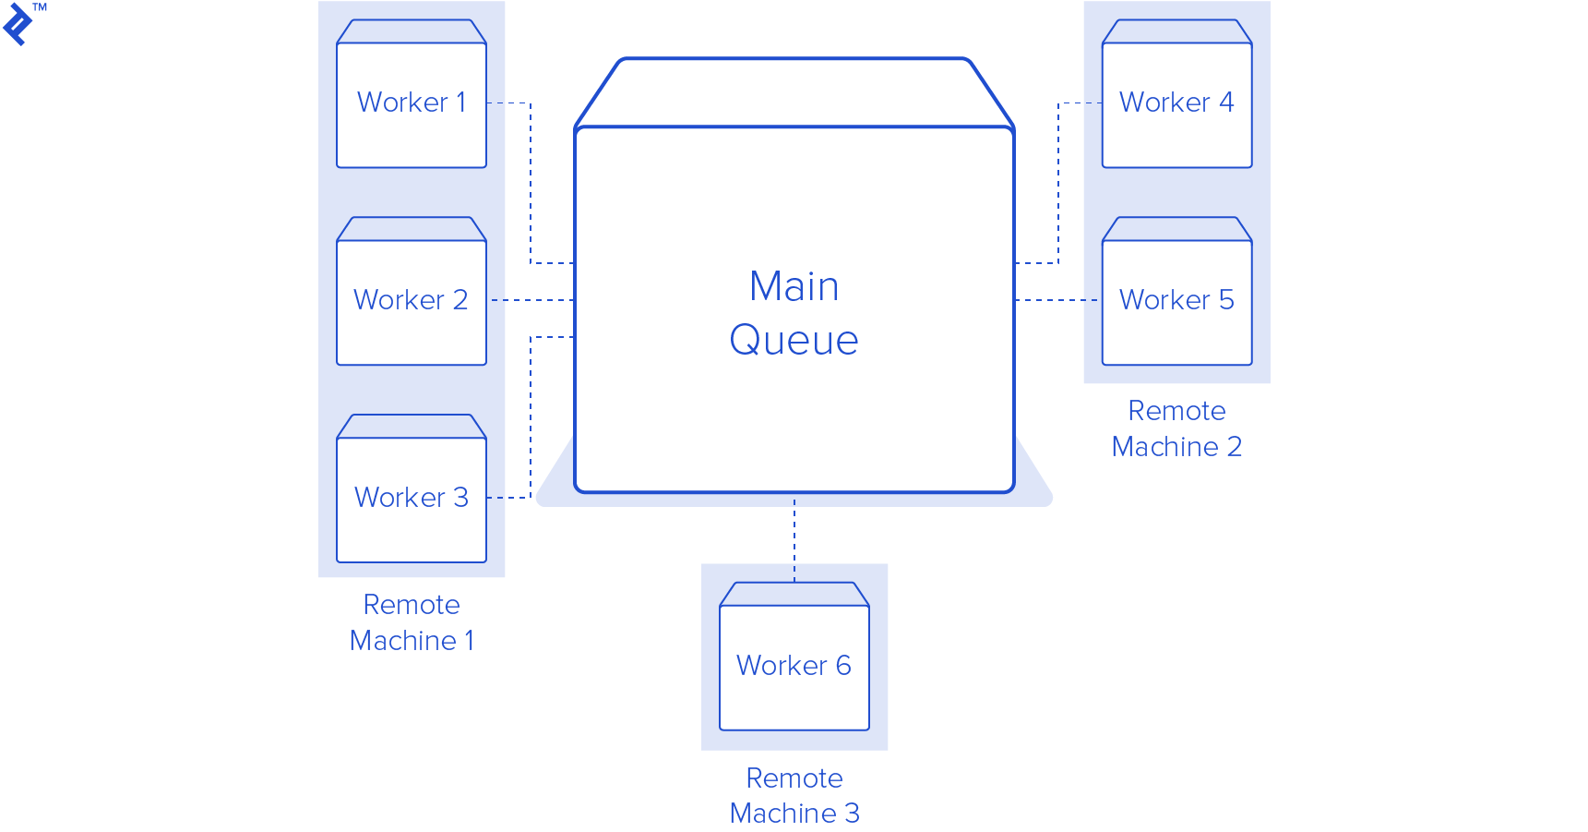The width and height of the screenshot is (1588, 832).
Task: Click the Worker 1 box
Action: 412,102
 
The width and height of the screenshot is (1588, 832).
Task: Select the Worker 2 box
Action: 412,300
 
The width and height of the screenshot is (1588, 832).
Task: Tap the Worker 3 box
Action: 412,498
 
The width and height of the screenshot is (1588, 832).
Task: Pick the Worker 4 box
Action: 1176,102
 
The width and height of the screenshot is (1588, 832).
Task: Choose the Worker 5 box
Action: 1176,300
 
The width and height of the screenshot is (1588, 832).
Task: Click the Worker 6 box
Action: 794,666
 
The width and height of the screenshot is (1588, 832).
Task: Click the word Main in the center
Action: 794,286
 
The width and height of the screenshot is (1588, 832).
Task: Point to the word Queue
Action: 794,340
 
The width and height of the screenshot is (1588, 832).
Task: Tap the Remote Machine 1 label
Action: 412,622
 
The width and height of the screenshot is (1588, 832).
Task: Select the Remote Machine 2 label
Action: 1176,428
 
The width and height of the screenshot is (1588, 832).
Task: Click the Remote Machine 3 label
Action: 794,795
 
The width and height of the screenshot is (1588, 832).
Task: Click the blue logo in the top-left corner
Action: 18,24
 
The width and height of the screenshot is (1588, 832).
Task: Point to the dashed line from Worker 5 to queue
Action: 1057,300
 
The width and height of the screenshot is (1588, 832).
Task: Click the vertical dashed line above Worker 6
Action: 794,540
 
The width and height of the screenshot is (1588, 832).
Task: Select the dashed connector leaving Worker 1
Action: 531,185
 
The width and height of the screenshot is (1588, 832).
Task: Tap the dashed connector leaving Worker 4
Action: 1058,185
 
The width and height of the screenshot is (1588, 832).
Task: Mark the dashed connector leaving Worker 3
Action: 531,416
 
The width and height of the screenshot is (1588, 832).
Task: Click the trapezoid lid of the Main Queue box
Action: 794,92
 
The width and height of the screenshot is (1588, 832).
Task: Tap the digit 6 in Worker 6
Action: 843,666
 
